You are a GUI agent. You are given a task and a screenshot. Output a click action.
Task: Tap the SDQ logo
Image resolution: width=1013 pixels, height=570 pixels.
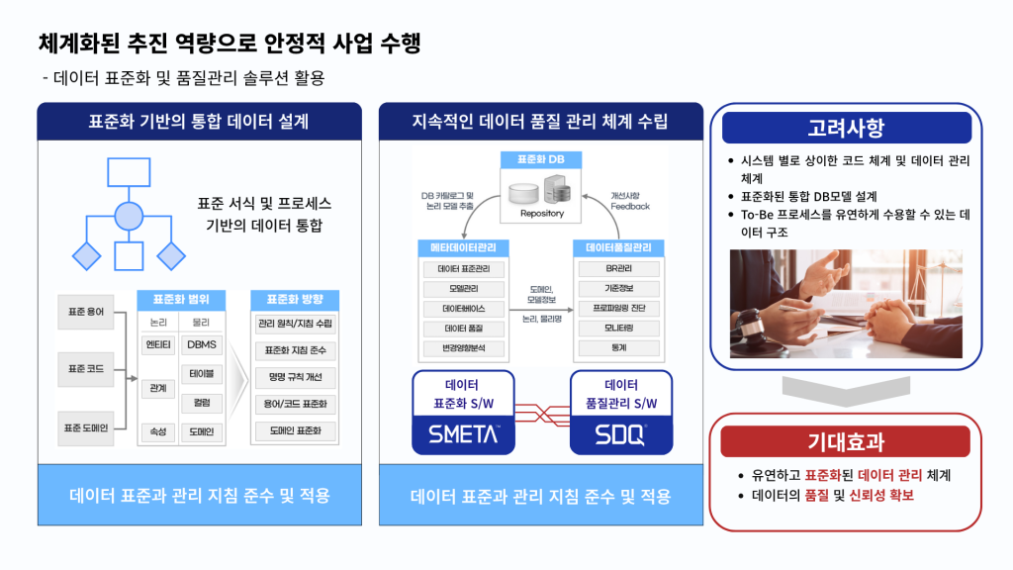pos(620,433)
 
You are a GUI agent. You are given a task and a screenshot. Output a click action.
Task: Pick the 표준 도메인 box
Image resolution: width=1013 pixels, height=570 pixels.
pos(86,428)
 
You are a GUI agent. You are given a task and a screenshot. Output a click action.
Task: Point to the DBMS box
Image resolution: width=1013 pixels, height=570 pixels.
pos(203,344)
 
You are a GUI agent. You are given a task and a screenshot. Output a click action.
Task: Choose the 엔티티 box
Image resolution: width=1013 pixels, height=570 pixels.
pos(158,344)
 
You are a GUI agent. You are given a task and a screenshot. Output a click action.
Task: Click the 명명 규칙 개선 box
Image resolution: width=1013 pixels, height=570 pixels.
pos(296,377)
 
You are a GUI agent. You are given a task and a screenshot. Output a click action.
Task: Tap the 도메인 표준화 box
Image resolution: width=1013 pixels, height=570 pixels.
pos(296,430)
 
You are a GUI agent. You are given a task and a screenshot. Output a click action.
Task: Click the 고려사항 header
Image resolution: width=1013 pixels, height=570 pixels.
pos(846,128)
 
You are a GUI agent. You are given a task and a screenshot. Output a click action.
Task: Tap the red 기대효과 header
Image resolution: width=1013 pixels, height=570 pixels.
pos(846,441)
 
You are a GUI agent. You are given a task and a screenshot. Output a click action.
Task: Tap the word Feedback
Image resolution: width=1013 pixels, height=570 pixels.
pos(630,206)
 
